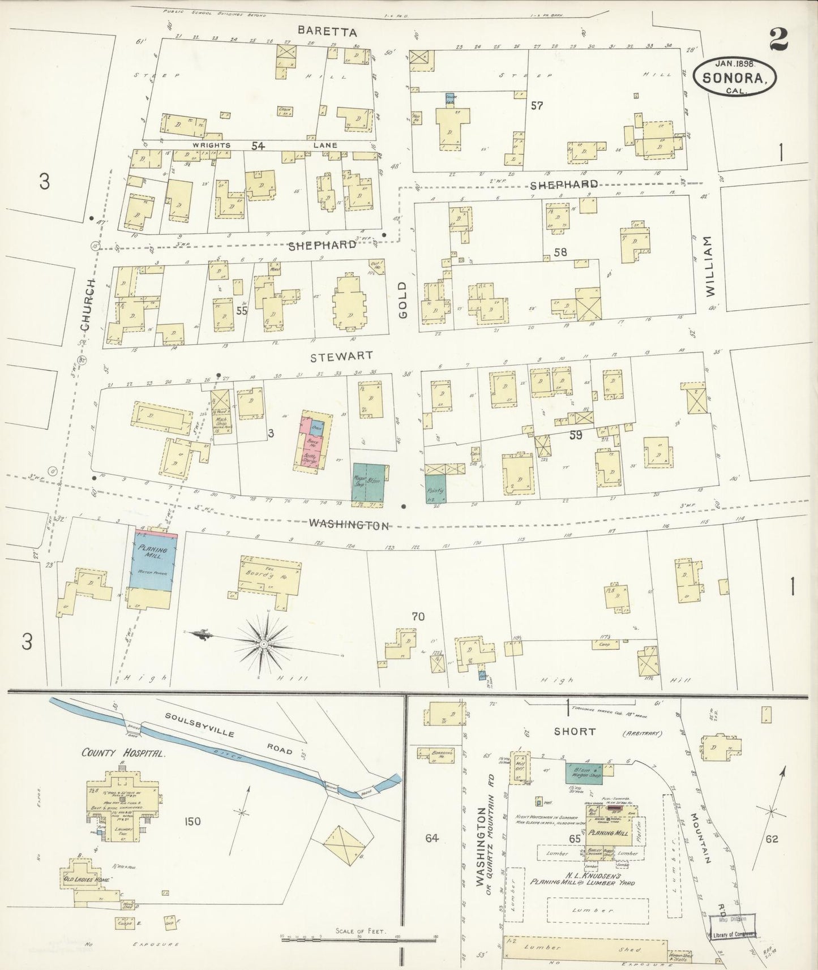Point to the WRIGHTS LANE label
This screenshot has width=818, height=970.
coord(260,145)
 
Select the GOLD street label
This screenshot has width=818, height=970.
coord(403,300)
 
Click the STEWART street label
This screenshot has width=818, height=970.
coord(341,356)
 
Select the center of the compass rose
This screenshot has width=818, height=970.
coord(264,644)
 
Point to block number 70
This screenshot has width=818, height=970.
coord(418,616)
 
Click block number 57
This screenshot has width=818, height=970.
coord(537,105)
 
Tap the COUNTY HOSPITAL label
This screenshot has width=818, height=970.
coord(123,753)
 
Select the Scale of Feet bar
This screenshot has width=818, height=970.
coord(360,938)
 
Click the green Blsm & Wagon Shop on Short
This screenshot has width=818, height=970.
coord(586,774)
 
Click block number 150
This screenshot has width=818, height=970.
coord(192,821)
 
